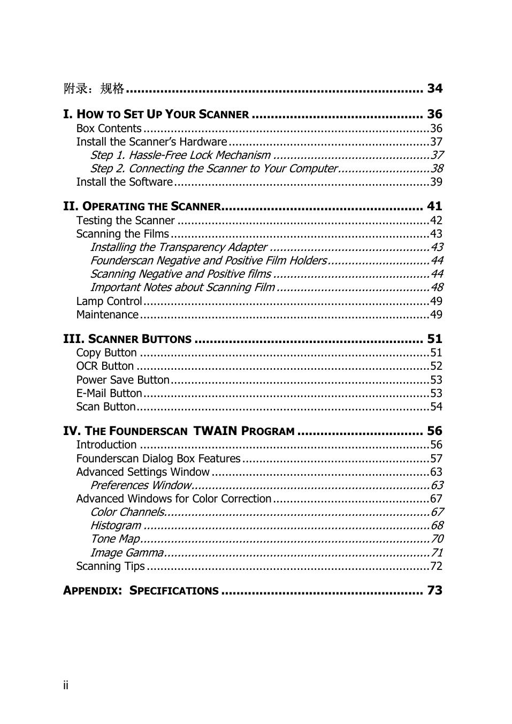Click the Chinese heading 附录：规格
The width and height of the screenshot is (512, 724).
94,89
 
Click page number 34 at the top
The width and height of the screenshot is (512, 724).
434,88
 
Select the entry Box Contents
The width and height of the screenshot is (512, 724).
109,128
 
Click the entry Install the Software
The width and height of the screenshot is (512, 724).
124,182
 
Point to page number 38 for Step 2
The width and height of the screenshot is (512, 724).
437,169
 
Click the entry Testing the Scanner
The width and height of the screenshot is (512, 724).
125,220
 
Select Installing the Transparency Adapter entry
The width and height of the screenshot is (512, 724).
178,247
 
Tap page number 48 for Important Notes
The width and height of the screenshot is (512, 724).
437,287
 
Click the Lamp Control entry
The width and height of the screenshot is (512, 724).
109,301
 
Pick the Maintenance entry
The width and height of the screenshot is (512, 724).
107,315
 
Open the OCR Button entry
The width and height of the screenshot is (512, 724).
105,366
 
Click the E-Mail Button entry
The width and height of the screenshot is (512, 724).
109,393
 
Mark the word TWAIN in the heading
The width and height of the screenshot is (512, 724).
215,431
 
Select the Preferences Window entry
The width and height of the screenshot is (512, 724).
141,485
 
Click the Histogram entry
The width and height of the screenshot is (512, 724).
116,525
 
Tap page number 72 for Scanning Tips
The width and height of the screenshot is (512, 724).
436,566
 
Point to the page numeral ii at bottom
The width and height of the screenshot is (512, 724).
66,685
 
